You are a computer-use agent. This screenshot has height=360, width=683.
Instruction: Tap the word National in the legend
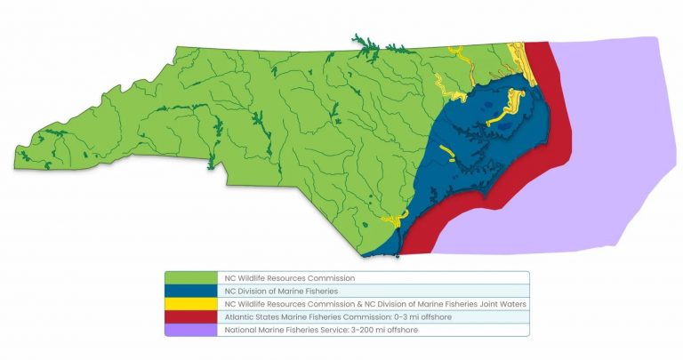[239, 330]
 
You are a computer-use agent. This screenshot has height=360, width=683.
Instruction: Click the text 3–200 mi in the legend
[365, 330]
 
